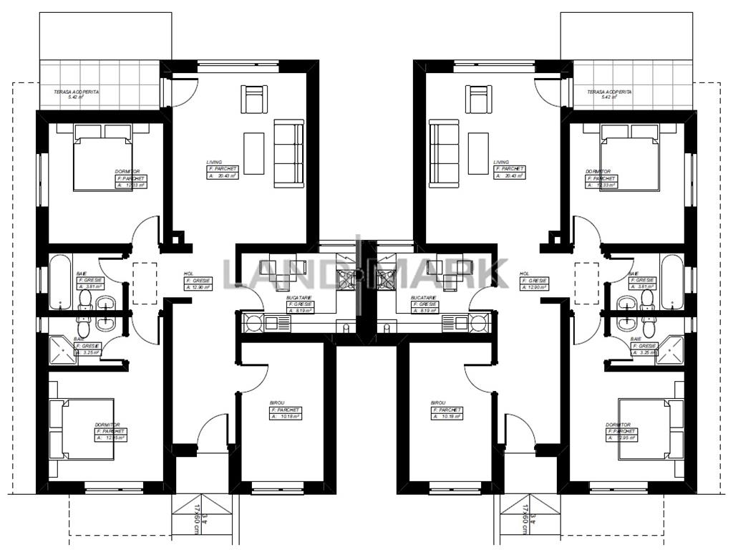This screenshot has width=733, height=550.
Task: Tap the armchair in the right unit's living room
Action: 479,99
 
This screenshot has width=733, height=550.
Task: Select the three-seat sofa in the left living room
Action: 288,154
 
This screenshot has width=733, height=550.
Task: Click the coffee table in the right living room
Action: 478,153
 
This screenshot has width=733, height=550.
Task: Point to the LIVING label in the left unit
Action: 215,163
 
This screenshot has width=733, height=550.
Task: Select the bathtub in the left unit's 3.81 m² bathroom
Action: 60,281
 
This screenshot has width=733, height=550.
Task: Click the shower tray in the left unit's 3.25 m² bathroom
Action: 64,350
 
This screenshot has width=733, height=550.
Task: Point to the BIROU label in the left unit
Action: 277,403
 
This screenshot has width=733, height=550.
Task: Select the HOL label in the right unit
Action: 524,274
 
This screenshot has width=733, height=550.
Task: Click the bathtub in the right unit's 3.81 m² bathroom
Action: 672,281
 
